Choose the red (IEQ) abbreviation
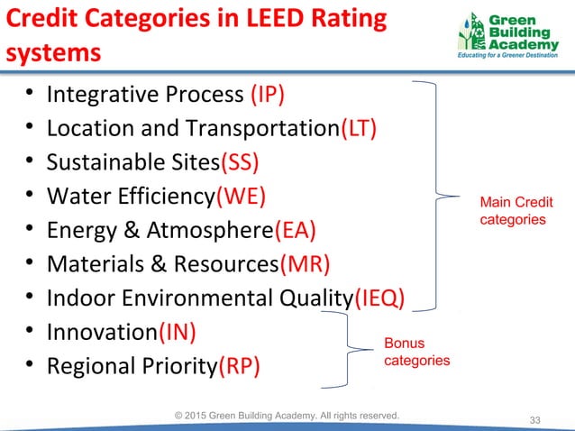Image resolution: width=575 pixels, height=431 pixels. pos(379,298)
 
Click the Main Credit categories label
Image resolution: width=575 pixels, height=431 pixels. pos(516,211)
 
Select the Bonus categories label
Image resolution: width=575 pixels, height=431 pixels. pos(417,352)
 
